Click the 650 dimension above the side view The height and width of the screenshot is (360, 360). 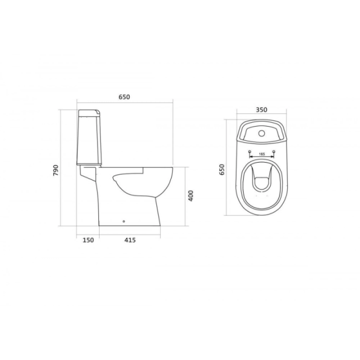click(x=124, y=97)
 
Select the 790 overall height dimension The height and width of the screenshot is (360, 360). click(x=56, y=170)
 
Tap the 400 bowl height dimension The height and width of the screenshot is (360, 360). click(x=191, y=196)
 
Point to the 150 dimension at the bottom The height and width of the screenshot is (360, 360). click(x=88, y=240)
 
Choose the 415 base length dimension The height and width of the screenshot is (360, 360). click(x=130, y=240)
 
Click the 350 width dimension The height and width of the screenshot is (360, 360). click(x=261, y=109)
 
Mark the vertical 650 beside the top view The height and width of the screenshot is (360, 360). click(x=222, y=169)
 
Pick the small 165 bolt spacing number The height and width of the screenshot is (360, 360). click(x=261, y=154)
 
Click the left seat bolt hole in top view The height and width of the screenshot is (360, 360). click(x=250, y=151)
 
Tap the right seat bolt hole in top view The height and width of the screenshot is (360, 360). click(x=273, y=151)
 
